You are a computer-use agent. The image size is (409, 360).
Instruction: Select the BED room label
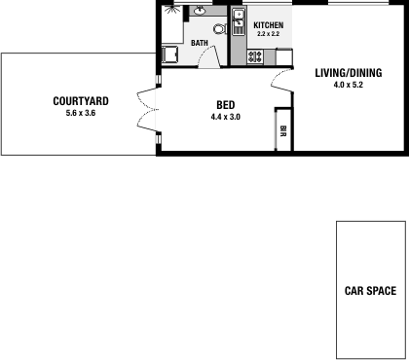[x=224, y=105]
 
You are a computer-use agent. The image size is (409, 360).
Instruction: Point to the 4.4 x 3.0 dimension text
[x=224, y=117]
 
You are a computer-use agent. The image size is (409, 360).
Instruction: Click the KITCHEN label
[x=268, y=24]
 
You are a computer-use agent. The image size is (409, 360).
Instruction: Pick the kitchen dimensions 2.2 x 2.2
[x=268, y=34]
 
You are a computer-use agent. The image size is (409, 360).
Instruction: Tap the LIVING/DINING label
[x=347, y=72]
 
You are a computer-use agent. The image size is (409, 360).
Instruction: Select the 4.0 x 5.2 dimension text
[x=347, y=84]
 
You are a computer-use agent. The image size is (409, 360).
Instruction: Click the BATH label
[x=199, y=43]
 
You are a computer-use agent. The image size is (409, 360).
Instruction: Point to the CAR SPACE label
[x=370, y=290]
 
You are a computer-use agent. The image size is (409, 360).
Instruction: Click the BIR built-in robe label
[x=282, y=130]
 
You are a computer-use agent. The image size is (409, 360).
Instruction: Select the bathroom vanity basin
[x=199, y=12]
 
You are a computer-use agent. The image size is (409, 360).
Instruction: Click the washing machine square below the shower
[x=169, y=54]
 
